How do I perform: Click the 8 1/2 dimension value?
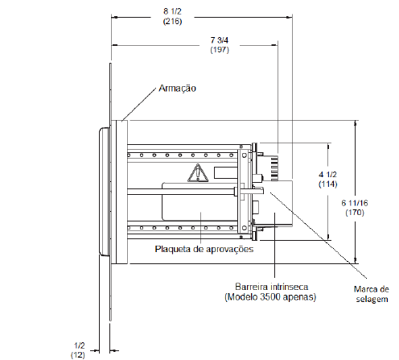[172, 11]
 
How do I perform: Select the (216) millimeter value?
[172, 21]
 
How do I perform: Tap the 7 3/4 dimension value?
[220, 40]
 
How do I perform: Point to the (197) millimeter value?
[220, 50]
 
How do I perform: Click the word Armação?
[177, 89]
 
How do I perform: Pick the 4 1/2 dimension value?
[327, 175]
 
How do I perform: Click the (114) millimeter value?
[328, 184]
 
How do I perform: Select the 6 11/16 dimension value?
[355, 203]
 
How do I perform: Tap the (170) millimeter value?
[355, 213]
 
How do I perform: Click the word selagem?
[372, 300]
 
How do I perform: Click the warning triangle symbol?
[198, 173]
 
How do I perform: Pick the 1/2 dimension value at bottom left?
[80, 346]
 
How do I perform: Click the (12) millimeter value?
[78, 354]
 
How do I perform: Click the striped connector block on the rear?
[274, 168]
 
